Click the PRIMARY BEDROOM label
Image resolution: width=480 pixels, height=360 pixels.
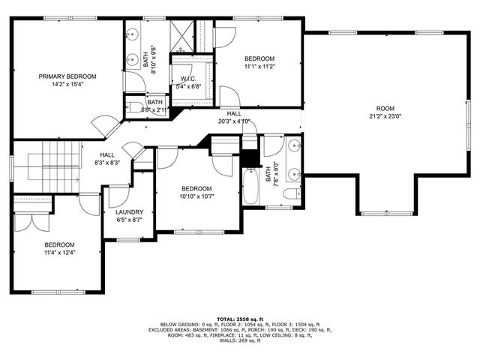point(68,76)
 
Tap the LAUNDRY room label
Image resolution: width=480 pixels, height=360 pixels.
point(130,212)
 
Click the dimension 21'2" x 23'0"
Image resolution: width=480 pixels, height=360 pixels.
point(385,116)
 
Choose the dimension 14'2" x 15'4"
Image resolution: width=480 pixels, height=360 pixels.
point(68,84)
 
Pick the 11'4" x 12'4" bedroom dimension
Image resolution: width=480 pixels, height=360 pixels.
point(59,253)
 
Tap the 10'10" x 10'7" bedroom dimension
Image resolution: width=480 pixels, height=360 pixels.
point(196,196)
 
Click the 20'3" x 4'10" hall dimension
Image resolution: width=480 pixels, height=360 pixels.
point(233,121)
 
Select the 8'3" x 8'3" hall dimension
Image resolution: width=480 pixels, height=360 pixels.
point(107,162)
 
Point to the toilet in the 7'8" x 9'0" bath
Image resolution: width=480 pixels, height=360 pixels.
point(291,195)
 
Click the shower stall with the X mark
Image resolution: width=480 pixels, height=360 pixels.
point(181,34)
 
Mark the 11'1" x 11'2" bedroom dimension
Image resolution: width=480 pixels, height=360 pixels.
point(260,67)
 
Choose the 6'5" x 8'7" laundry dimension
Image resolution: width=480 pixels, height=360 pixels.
point(130,220)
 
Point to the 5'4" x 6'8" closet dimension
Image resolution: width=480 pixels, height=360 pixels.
point(187,85)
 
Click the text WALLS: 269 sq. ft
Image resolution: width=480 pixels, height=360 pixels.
point(240,341)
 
